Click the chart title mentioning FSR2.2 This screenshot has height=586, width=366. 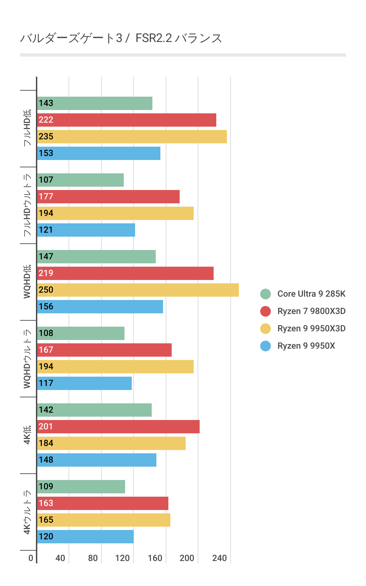[x=121, y=38]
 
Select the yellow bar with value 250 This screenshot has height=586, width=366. [x=138, y=290]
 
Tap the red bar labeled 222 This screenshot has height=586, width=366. [x=126, y=120]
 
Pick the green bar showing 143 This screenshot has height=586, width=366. [x=94, y=103]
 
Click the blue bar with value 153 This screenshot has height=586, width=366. [x=98, y=153]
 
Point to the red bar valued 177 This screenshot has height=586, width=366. [x=108, y=197]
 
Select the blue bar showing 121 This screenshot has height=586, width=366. [x=86, y=230]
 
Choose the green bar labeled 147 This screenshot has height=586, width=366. [x=96, y=257]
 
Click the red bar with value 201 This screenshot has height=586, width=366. [x=118, y=427]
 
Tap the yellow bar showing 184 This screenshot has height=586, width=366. [x=111, y=443]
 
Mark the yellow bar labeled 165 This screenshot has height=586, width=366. [x=103, y=520]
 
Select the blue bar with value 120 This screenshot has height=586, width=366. [x=85, y=537]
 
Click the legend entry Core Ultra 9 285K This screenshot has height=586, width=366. [x=311, y=294]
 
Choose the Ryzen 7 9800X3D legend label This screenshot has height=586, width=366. [x=311, y=311]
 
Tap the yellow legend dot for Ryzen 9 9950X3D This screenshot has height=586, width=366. [x=266, y=328]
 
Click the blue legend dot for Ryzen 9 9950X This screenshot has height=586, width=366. [x=266, y=346]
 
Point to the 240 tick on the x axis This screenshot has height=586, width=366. [x=220, y=558]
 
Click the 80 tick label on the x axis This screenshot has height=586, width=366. [x=93, y=558]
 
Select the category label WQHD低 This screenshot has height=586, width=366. [x=27, y=282]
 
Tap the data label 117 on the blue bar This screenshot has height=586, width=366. [x=46, y=383]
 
